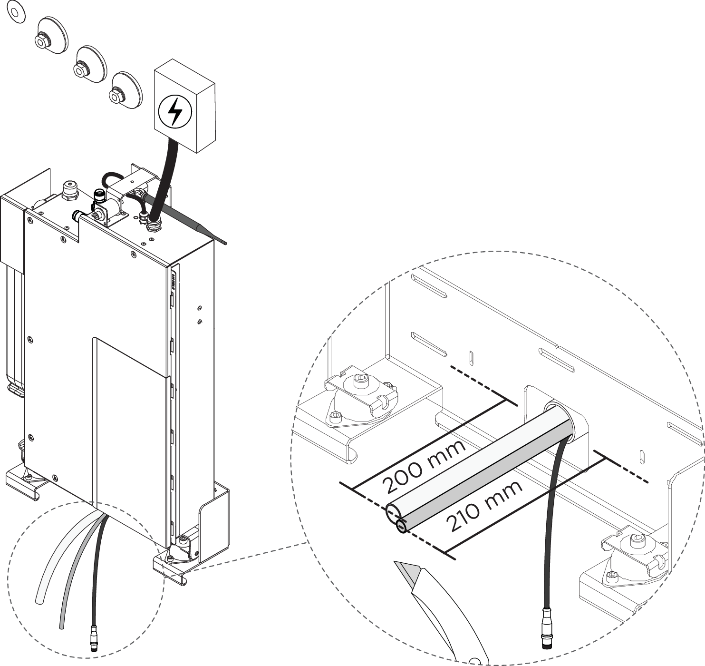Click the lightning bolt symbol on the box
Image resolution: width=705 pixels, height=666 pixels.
pos(174,112)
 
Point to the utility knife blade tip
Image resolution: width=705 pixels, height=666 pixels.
pos(395,563)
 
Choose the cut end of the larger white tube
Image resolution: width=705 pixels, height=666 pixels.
pos(393,514)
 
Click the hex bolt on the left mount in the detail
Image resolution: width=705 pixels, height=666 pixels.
pos(360,382)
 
